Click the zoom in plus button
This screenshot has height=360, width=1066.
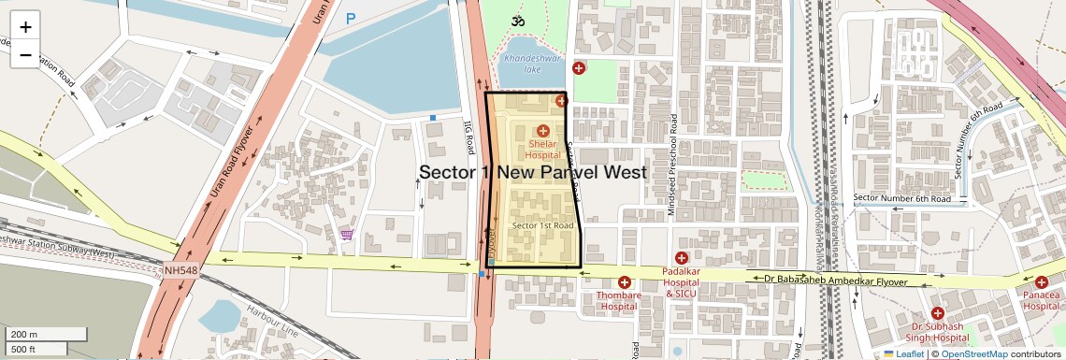(x=25, y=27)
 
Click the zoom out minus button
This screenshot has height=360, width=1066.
(x=25, y=55)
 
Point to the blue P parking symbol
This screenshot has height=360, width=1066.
(x=351, y=18)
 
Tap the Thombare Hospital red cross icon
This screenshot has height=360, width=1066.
(x=624, y=281)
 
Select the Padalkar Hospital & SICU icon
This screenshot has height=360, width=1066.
(x=681, y=257)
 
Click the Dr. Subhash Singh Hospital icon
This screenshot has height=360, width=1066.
(x=937, y=312)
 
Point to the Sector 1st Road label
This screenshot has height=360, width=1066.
(x=542, y=226)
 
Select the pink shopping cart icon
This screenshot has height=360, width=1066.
(x=347, y=234)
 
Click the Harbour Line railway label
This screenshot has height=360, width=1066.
(x=271, y=321)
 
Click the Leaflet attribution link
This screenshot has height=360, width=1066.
(x=902, y=353)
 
